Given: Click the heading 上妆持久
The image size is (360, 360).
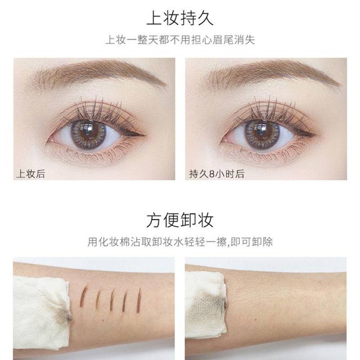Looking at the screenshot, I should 180,19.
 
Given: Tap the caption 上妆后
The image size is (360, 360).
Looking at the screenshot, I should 31,173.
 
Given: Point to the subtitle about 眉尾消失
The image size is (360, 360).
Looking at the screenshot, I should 180,40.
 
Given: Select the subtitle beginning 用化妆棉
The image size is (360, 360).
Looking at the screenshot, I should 180,242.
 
